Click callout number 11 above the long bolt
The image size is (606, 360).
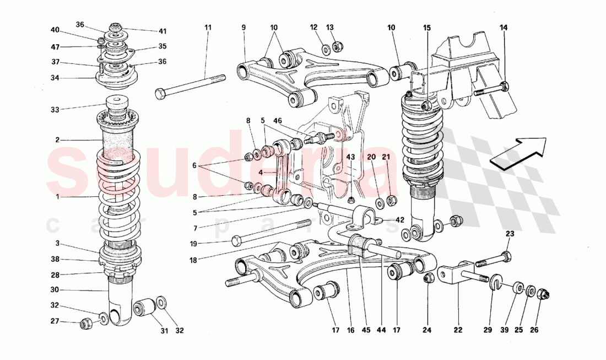tap(207, 27)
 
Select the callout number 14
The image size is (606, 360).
tap(504, 27)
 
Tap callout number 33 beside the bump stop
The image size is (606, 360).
tap(55, 109)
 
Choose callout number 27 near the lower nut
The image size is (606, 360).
tap(55, 321)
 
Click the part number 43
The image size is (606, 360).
tap(351, 157)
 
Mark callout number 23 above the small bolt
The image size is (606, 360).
tap(510, 234)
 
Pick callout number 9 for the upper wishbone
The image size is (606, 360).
tap(244, 27)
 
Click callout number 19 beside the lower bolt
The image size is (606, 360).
tap(210, 243)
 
